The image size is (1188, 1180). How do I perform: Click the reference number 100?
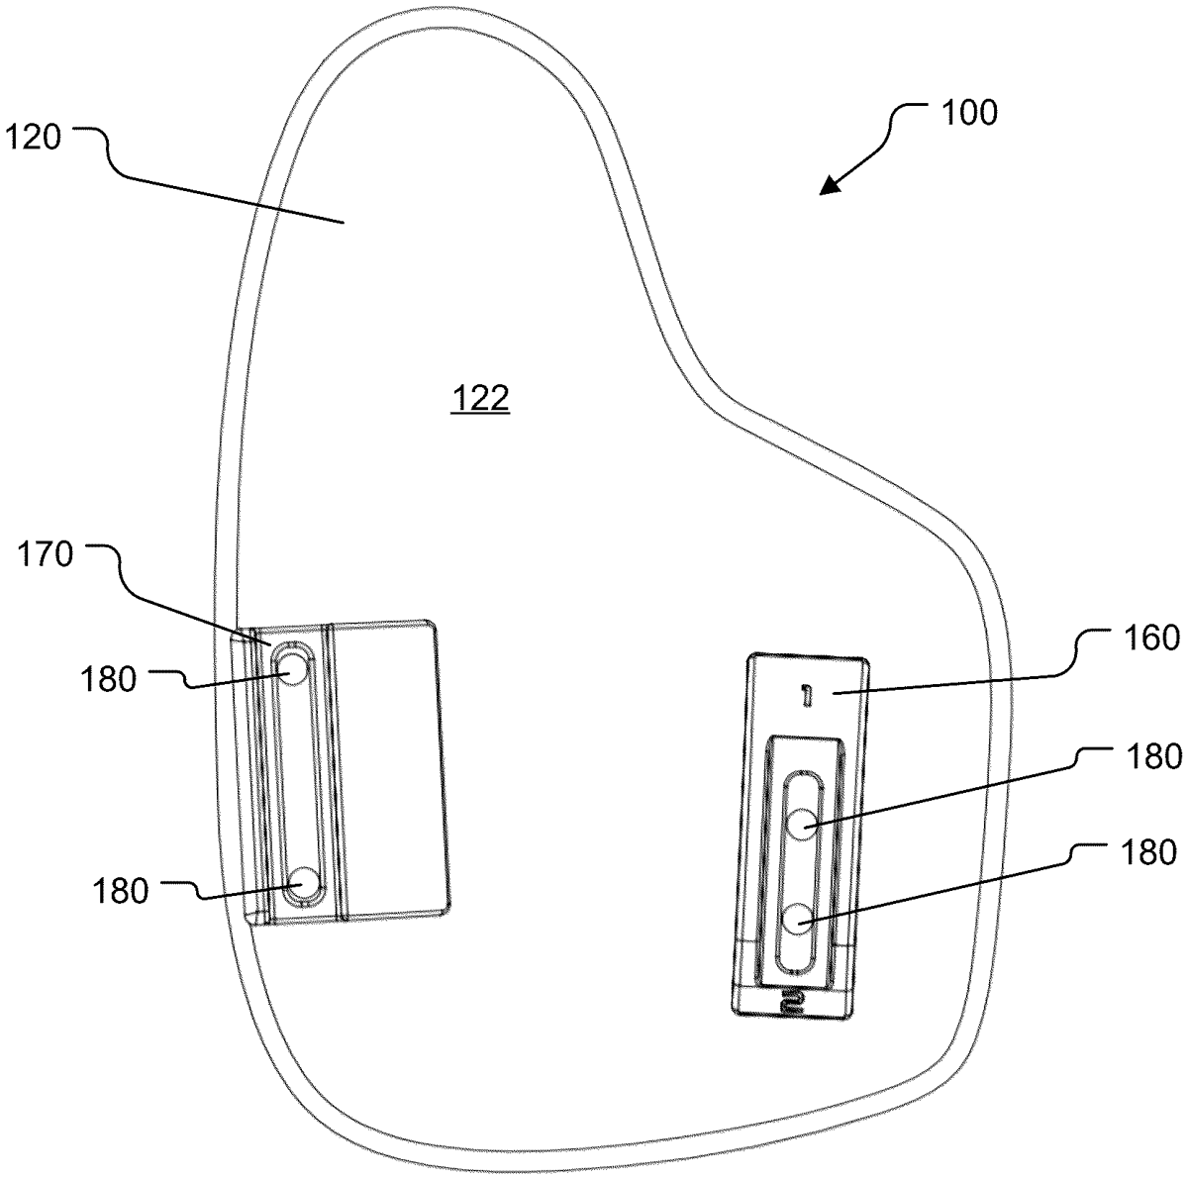click(x=969, y=114)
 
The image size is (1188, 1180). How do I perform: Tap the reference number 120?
click(x=34, y=138)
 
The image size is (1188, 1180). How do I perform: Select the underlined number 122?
click(x=480, y=398)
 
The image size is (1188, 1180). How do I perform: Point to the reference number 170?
click(x=45, y=554)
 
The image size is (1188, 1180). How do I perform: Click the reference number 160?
click(x=1150, y=639)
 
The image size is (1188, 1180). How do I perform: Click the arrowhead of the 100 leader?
click(x=831, y=185)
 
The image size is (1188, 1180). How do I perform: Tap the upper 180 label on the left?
click(x=108, y=680)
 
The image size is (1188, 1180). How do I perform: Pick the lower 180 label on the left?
click(x=121, y=892)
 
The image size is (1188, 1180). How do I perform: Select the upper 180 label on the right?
click(x=1153, y=756)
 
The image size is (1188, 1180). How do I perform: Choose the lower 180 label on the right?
click(x=1148, y=853)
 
